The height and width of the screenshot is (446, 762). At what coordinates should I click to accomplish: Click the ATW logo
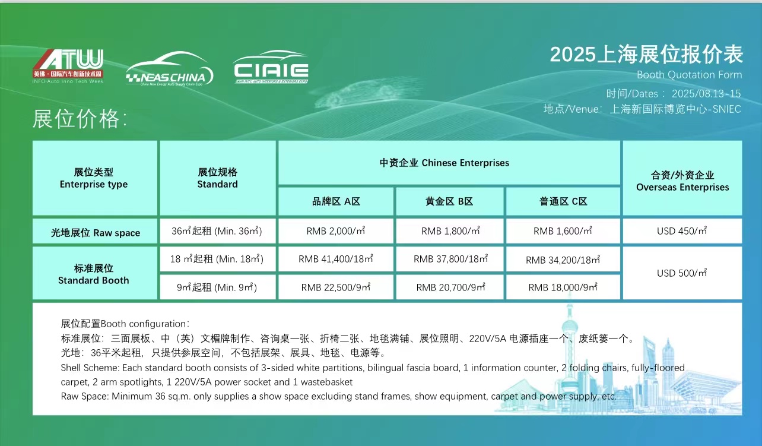[68, 67]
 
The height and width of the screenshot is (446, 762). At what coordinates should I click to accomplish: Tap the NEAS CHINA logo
[169, 69]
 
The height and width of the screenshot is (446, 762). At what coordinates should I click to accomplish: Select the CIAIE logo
[271, 67]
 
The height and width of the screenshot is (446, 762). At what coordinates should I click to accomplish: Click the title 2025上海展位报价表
[646, 55]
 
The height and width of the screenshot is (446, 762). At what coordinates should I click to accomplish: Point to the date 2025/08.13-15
[706, 94]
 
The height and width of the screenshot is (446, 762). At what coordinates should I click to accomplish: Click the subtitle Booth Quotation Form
[689, 75]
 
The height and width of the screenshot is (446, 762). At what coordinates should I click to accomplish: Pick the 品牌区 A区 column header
[336, 201]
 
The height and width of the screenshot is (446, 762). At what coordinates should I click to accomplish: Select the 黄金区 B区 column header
[449, 201]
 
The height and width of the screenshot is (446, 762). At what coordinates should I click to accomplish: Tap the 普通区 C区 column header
[563, 201]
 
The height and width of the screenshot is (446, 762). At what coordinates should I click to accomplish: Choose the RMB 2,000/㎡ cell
[336, 231]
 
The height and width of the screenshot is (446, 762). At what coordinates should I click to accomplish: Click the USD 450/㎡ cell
[682, 231]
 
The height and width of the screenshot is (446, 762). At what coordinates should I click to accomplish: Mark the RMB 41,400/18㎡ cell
[336, 259]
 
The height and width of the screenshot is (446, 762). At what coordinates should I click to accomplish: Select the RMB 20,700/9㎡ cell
[449, 287]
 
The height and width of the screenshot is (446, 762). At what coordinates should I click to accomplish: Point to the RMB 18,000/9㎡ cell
[563, 287]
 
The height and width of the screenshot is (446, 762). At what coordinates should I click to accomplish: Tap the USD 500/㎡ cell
[682, 273]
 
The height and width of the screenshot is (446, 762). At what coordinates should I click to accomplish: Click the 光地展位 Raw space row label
[95, 233]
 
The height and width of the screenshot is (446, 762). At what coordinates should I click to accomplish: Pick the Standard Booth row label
[94, 280]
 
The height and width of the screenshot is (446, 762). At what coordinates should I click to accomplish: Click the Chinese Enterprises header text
[465, 163]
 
